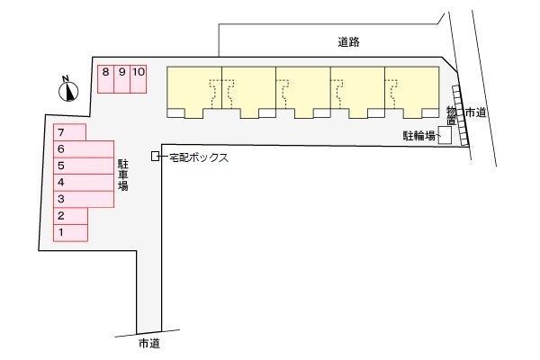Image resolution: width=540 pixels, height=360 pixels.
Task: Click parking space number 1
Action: pyautogui.click(x=70, y=232)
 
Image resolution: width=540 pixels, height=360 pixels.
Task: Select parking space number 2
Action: pyautogui.click(x=70, y=215)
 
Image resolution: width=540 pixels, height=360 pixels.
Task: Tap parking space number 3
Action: pyautogui.click(x=83, y=198)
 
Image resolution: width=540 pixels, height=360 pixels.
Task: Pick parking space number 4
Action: pyautogui.click(x=83, y=182)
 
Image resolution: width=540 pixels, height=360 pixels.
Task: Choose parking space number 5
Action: pyautogui.click(x=83, y=166)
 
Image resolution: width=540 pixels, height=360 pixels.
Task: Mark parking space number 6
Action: pyautogui.click(x=83, y=148)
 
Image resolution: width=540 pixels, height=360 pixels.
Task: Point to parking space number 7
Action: pyautogui.click(x=70, y=132)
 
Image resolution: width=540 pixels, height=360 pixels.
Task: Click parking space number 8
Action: pyautogui.click(x=105, y=78)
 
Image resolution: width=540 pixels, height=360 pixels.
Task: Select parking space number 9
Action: pyautogui.click(x=121, y=78)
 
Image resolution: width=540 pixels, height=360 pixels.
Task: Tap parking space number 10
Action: pyautogui.click(x=139, y=78)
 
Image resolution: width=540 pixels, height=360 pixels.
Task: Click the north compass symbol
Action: pyautogui.click(x=68, y=88)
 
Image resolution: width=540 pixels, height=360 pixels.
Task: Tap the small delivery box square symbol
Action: pyautogui.click(x=156, y=157)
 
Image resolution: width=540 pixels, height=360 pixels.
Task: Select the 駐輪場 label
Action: pyautogui.click(x=418, y=136)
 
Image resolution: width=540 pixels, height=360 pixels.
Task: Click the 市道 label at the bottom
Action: pyautogui.click(x=150, y=344)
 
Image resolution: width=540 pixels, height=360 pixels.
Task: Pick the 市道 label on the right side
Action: pyautogui.click(x=476, y=112)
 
